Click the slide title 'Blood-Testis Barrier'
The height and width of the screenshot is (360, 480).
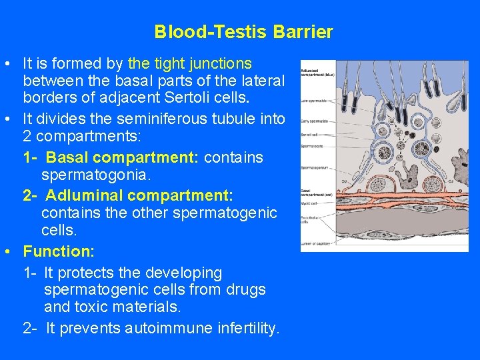click(x=243, y=32)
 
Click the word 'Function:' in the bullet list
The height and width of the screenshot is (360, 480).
click(x=59, y=252)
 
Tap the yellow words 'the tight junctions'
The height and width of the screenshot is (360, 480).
click(x=189, y=64)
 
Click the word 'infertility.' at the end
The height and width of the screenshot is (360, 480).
click(x=249, y=328)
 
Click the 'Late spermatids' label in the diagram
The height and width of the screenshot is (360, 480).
click(x=313, y=101)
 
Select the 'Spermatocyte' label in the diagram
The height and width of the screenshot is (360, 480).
click(x=312, y=145)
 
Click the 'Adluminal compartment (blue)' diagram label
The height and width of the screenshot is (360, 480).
click(x=316, y=72)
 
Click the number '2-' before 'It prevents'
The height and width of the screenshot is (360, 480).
click(x=31, y=328)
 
